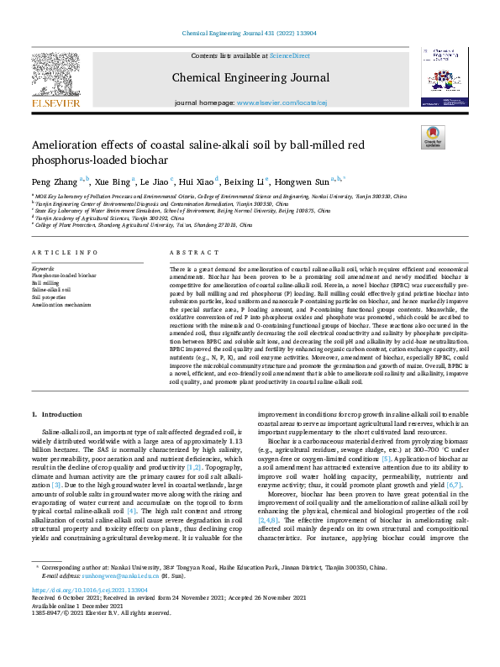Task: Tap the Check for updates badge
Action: (x=432, y=138)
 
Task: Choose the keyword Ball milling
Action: (x=45, y=283)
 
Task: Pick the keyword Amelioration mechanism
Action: (x=61, y=304)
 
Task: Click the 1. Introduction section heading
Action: (x=57, y=415)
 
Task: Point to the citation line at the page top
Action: (x=249, y=33)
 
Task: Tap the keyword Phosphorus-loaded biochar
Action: (x=64, y=276)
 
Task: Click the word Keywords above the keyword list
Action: (x=44, y=269)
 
